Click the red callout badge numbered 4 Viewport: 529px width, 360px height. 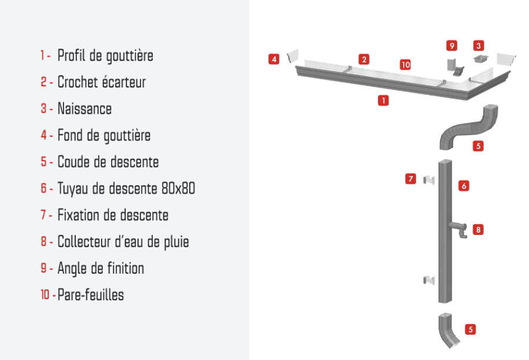[x=274, y=59]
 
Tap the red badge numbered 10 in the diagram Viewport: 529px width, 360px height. [x=405, y=65]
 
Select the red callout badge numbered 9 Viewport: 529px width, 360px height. [x=452, y=45]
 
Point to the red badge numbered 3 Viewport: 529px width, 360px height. [x=478, y=45]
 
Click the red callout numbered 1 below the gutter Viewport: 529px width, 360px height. [x=383, y=100]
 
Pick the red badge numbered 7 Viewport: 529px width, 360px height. [x=411, y=179]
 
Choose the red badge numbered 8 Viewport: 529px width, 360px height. [x=478, y=230]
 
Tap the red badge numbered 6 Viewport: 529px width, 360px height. [x=464, y=186]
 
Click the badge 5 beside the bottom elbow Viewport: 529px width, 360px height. [x=471, y=329]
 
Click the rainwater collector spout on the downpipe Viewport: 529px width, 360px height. [x=459, y=228]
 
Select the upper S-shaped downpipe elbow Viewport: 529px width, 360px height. [x=469, y=127]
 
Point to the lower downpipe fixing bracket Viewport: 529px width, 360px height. [x=429, y=280]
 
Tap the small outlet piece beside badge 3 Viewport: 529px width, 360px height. [x=481, y=59]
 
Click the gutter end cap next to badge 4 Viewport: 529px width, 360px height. [x=293, y=56]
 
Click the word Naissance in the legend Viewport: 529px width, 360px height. [x=84, y=109]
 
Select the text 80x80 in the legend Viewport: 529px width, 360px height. [x=178, y=188]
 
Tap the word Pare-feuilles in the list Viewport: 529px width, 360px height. [x=91, y=295]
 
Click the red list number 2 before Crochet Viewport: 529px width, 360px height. [x=44, y=82]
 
